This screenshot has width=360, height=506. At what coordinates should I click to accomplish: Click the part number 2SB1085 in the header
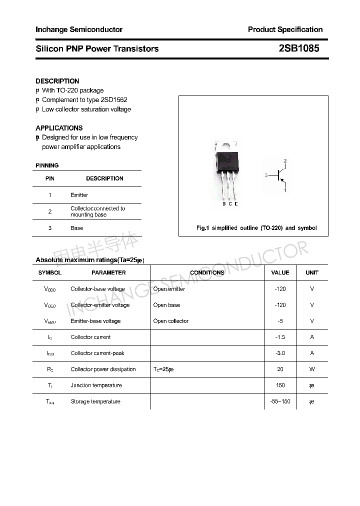pyautogui.click(x=298, y=48)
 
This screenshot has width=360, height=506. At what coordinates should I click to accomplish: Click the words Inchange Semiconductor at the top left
pyautogui.click(x=79, y=29)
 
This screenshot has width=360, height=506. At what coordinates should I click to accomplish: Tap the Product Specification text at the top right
pyautogui.click(x=285, y=29)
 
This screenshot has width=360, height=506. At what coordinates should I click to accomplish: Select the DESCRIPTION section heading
pyautogui.click(x=57, y=81)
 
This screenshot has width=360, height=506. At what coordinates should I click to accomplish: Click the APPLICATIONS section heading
pyautogui.click(x=59, y=128)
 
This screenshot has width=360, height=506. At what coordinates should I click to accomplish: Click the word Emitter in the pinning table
pyautogui.click(x=79, y=195)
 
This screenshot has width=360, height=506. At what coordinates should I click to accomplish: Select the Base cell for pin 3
pyautogui.click(x=77, y=228)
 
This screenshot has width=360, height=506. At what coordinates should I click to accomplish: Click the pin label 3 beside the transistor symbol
pyautogui.click(x=266, y=175)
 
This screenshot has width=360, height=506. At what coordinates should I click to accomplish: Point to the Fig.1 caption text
pyautogui.click(x=256, y=228)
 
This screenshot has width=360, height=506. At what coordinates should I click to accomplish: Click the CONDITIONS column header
pyautogui.click(x=207, y=272)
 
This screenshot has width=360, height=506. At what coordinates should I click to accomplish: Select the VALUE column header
pyautogui.click(x=280, y=272)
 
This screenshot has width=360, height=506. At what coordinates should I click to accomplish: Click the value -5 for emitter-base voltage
pyautogui.click(x=280, y=321)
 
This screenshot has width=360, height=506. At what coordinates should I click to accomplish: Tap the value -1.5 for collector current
pyautogui.click(x=280, y=337)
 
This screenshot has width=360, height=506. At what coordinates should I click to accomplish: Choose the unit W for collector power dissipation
pyautogui.click(x=312, y=369)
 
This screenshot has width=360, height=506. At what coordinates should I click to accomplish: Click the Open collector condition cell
pyautogui.click(x=171, y=321)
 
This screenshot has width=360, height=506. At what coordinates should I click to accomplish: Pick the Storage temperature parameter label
pyautogui.click(x=95, y=401)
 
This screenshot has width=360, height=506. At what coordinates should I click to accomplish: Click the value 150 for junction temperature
pyautogui.click(x=280, y=385)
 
